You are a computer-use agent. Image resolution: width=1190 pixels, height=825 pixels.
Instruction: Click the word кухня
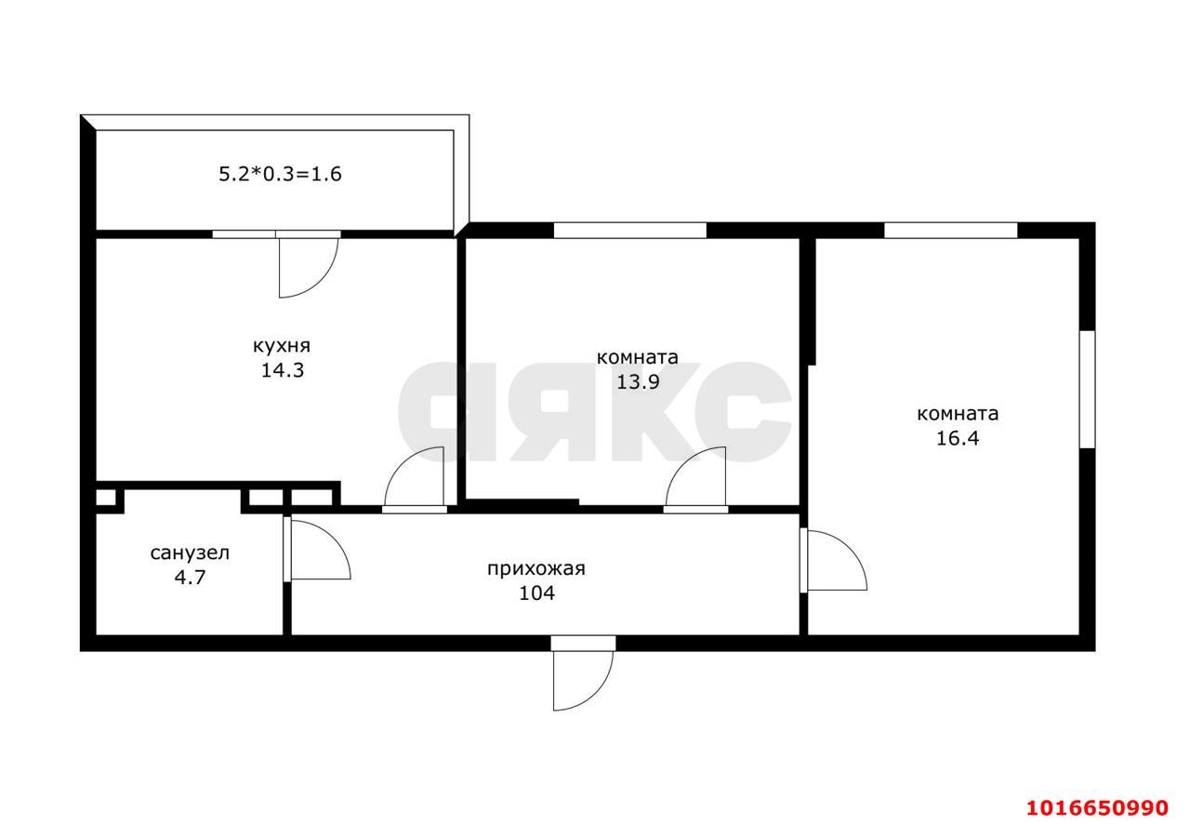281,347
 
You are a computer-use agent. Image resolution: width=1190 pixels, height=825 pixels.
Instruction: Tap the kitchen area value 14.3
282,370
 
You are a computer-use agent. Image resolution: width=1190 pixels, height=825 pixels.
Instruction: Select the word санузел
190,553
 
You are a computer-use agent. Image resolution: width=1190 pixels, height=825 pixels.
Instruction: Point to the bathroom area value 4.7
190,578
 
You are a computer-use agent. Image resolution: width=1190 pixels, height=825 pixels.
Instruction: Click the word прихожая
536,569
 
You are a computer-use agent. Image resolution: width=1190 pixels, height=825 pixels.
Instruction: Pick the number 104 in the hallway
536,592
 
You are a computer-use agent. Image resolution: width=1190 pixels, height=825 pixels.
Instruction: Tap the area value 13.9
638,381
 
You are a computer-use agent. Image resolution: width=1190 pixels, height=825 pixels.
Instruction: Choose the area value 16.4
958,439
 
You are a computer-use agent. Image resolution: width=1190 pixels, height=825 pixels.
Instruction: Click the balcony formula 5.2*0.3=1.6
280,174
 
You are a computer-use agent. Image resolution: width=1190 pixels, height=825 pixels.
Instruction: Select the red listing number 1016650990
1097,808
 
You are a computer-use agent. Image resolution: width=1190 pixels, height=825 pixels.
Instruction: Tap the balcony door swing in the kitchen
309,268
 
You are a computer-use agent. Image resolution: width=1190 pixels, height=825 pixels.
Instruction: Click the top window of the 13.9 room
630,230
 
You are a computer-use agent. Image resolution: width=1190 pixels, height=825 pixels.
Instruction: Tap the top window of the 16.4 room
950,230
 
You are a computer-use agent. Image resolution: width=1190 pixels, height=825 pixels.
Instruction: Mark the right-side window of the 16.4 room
1088,389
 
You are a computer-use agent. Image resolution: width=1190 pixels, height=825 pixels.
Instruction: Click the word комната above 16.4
958,414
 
